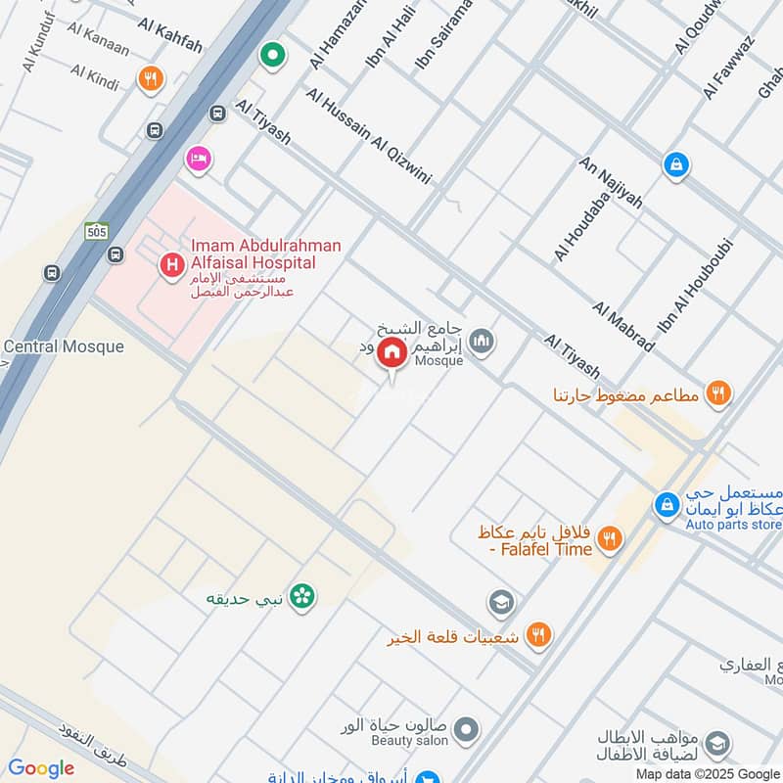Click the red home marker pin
click(392, 352)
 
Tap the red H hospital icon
click(172, 263)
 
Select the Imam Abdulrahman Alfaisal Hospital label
click(253, 254)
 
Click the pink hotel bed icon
click(199, 159)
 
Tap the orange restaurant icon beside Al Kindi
click(151, 79)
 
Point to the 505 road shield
click(96, 231)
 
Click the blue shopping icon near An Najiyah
click(675, 164)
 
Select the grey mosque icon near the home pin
click(481, 342)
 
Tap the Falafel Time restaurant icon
click(609, 537)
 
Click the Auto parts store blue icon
click(667, 505)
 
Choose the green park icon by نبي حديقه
click(301, 595)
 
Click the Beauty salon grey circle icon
click(467, 729)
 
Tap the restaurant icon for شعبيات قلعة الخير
click(537, 635)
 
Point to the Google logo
click(41, 768)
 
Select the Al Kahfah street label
click(170, 35)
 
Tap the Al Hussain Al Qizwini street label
click(368, 136)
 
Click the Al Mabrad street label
click(622, 326)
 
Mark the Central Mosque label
click(64, 346)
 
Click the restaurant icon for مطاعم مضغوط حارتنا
click(718, 393)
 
